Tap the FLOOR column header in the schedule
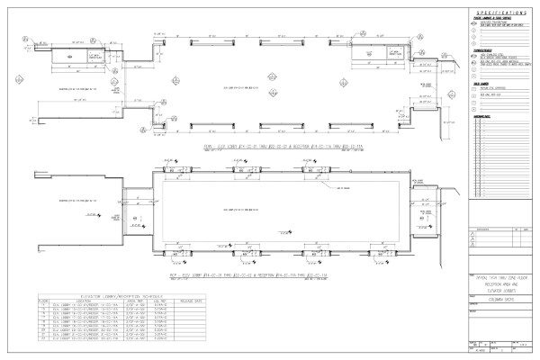[42, 300]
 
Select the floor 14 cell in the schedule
[42, 304]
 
